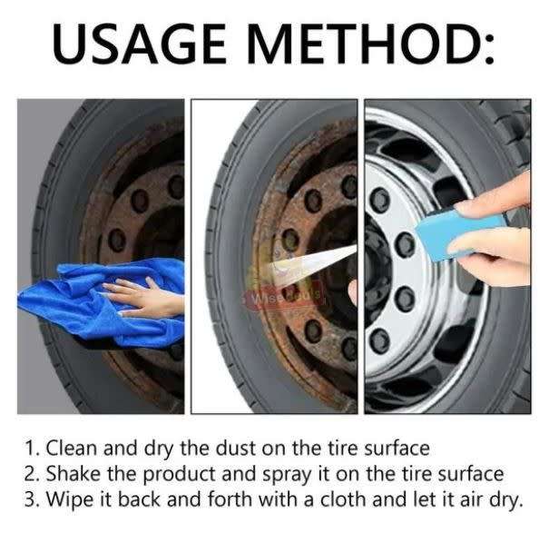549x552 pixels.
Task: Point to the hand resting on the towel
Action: tap(136, 298)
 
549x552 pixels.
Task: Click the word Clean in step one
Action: tap(69, 448)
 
